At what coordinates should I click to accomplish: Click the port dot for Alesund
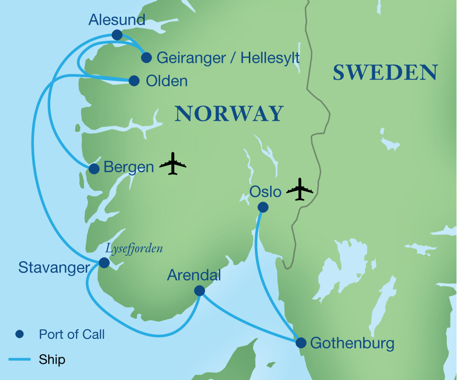point(117,34)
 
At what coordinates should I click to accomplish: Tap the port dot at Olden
point(134,81)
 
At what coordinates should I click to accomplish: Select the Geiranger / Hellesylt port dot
point(146,57)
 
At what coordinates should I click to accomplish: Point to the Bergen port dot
point(94,169)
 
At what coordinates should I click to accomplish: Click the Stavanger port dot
point(104,262)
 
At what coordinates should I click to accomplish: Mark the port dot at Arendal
point(199,290)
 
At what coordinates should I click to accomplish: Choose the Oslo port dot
point(263,207)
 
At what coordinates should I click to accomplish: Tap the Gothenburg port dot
point(301,343)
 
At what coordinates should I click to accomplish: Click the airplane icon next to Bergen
point(173,163)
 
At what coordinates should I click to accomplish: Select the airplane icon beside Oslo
point(300,189)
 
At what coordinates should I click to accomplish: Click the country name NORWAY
point(228,113)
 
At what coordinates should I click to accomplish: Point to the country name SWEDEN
point(385,73)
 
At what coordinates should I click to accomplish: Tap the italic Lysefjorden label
point(134,249)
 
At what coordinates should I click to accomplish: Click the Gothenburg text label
point(352,343)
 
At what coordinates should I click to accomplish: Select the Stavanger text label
point(54,267)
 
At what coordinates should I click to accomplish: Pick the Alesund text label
point(117,20)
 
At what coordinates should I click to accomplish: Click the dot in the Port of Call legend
point(19,334)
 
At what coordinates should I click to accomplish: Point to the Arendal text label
point(194,275)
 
